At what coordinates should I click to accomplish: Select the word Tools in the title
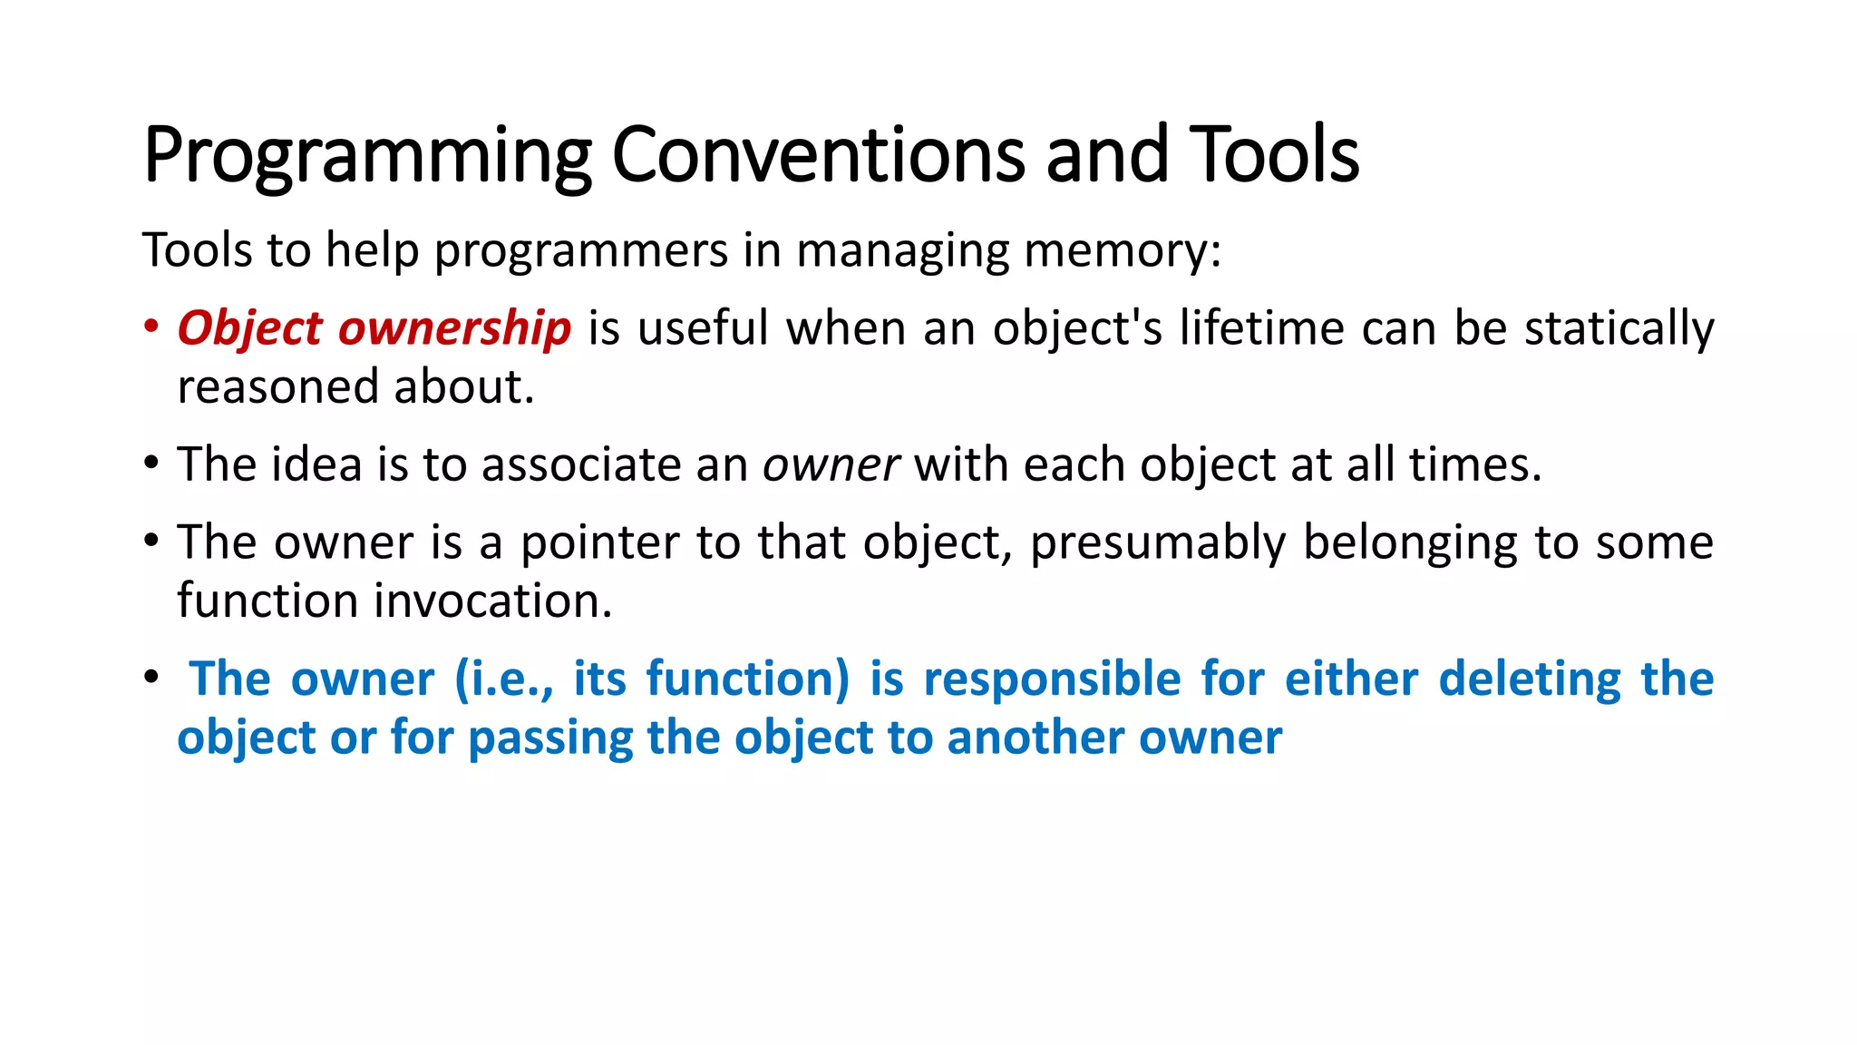[x=1273, y=154]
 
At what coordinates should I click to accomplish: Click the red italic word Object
[x=249, y=328]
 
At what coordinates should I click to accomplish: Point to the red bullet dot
[x=151, y=326]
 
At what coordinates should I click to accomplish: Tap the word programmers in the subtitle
[x=581, y=250]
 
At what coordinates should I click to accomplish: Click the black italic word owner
[x=831, y=465]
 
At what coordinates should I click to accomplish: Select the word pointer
[x=598, y=542]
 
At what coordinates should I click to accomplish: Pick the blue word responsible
[x=1052, y=679]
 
